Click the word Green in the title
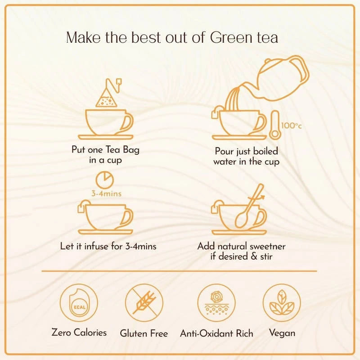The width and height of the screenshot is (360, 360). point(231,37)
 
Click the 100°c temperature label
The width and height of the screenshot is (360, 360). point(291,126)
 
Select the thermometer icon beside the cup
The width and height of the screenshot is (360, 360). point(274,125)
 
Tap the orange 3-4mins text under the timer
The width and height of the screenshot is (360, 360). point(106,193)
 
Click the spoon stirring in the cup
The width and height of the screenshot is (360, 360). point(249,207)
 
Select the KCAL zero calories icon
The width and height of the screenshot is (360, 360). point(79,302)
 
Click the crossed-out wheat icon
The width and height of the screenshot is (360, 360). point(144,302)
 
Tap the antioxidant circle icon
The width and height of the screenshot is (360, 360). point(216,302)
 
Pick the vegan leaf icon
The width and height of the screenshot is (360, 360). point(282,302)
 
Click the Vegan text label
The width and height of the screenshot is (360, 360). point(282,333)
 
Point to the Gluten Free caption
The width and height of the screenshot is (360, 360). point(144,333)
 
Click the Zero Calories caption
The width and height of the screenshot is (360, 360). point(79,333)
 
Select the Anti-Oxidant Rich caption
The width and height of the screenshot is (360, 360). point(216,333)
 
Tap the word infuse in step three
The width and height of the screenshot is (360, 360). point(96,246)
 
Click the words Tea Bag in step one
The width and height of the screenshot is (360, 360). point(122,150)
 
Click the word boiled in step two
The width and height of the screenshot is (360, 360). point(265,151)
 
